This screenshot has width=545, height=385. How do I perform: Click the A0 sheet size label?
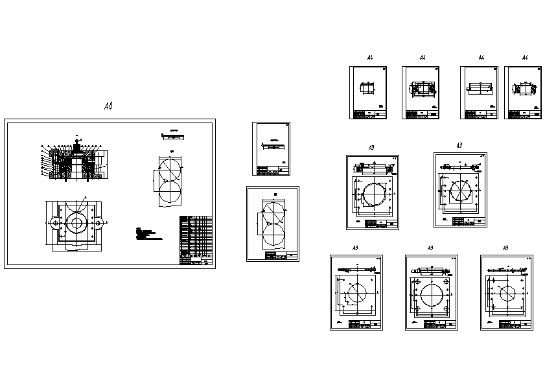pos(108,106)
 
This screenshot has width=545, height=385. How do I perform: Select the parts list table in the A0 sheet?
pos(195,240)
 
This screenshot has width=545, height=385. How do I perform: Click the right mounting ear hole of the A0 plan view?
pos(97,223)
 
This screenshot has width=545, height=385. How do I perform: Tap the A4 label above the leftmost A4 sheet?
pos(370,58)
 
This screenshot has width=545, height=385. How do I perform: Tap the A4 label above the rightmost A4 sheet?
pos(525,58)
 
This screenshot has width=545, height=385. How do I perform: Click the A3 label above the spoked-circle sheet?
pos(459,145)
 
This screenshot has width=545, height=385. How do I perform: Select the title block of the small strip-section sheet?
pos(273,170)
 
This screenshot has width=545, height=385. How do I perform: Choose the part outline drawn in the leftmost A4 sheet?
pos(368,87)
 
